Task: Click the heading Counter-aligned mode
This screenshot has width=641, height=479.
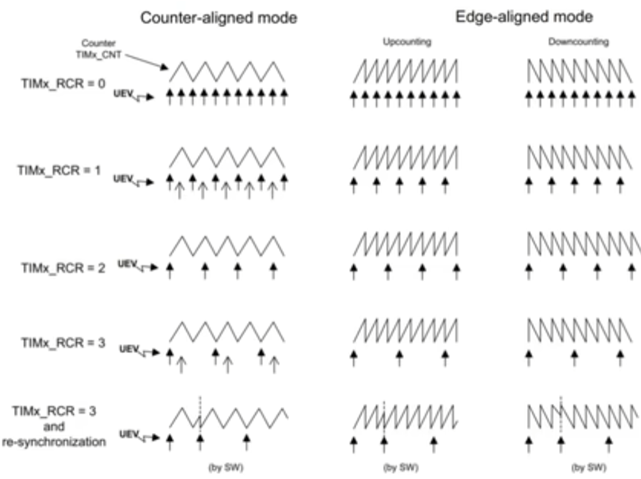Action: click(x=218, y=18)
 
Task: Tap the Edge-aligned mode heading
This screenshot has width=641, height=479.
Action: click(x=524, y=17)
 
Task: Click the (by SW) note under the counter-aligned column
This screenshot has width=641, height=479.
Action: click(x=226, y=468)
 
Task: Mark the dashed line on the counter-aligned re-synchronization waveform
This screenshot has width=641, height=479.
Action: click(x=200, y=413)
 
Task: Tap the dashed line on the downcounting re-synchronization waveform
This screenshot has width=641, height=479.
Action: click(x=561, y=413)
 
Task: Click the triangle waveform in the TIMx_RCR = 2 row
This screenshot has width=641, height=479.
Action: click(x=227, y=246)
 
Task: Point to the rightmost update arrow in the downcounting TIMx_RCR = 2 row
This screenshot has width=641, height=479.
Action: click(x=632, y=271)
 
